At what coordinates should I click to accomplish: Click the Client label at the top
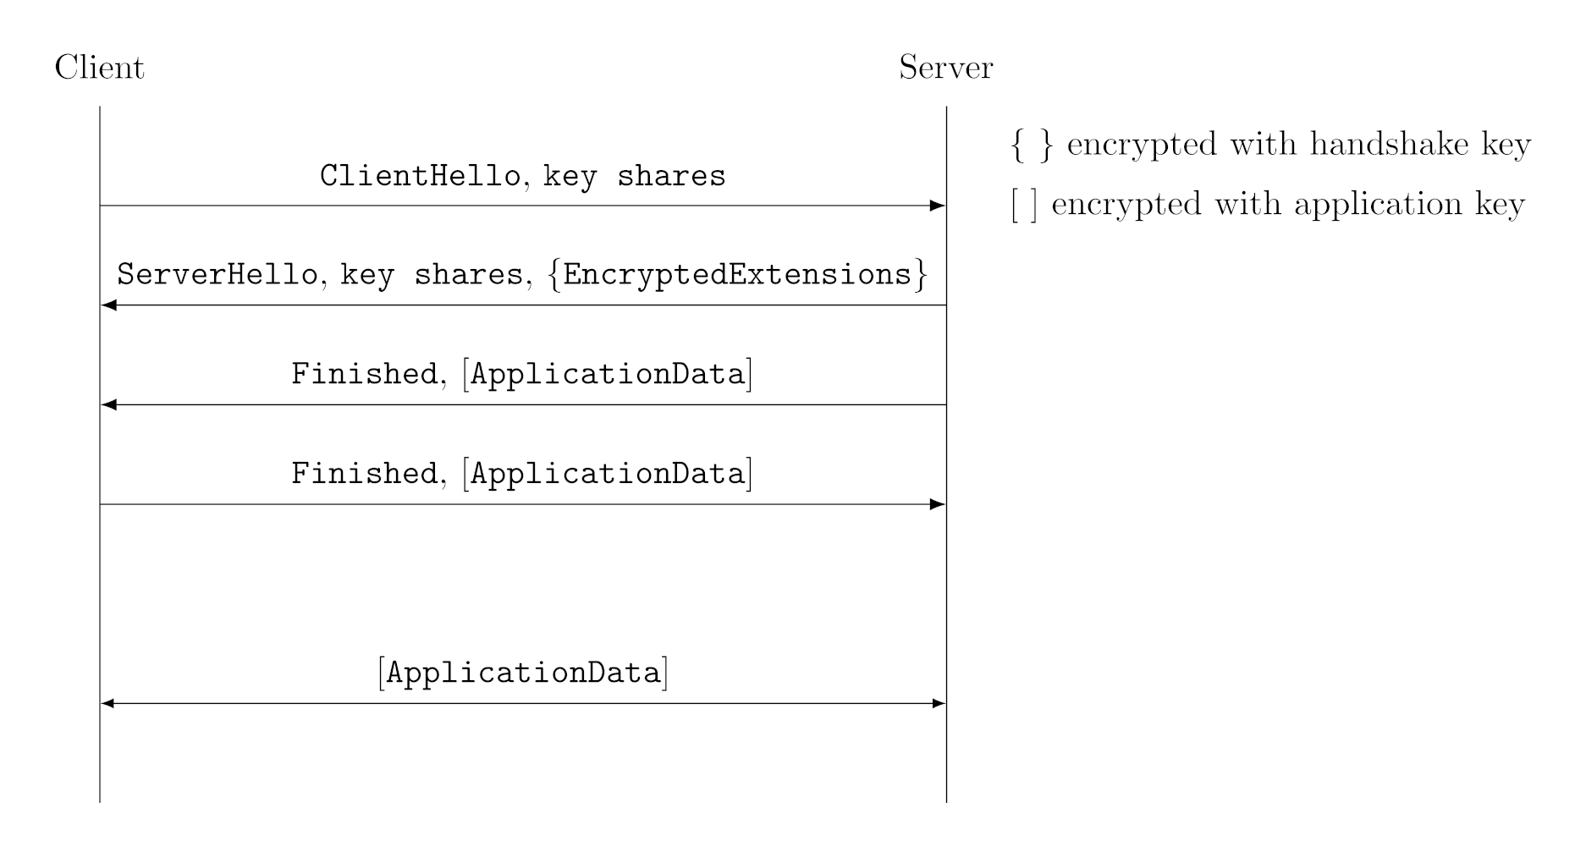(x=99, y=68)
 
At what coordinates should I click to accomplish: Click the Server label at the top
(x=945, y=68)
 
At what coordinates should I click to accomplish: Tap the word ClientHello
(x=420, y=176)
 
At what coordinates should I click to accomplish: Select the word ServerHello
(x=218, y=275)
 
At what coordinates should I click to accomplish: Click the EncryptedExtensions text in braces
(x=736, y=275)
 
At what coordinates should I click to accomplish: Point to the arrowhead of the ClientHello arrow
(x=937, y=206)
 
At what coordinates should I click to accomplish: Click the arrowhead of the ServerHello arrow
(x=109, y=305)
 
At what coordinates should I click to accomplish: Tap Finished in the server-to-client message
(x=364, y=374)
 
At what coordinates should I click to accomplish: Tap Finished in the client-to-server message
(x=364, y=474)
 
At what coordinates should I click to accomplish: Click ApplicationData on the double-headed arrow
(x=523, y=673)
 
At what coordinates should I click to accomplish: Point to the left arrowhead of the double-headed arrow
(x=108, y=703)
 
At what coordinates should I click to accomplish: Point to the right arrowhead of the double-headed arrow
(x=938, y=703)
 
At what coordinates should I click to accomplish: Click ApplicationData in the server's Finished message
(x=608, y=374)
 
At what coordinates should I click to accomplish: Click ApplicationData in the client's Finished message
(x=608, y=474)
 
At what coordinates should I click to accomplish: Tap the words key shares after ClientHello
(x=634, y=176)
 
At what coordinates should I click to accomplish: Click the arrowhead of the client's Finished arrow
(x=937, y=504)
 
